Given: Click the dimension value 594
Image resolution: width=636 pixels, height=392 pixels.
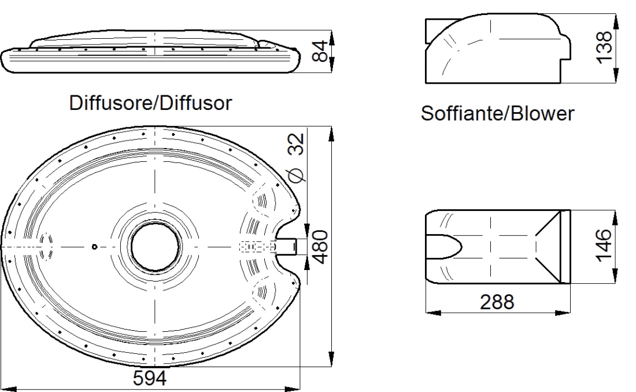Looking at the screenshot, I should tap(150, 378).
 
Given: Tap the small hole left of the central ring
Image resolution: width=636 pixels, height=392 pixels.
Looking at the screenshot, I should tap(94, 247).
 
